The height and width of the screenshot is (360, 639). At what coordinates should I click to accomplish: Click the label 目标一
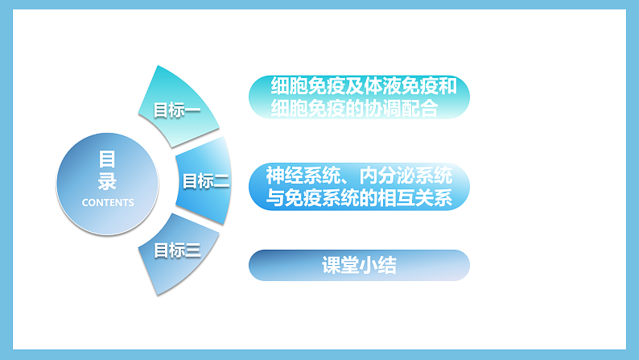(176, 110)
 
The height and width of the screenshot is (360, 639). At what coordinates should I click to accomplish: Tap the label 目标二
(206, 181)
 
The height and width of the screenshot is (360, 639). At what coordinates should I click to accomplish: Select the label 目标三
(176, 250)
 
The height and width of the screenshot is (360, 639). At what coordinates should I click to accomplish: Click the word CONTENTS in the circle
(108, 202)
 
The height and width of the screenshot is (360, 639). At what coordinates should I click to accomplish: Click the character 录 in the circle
(107, 180)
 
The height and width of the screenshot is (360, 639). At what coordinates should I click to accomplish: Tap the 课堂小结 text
(358, 265)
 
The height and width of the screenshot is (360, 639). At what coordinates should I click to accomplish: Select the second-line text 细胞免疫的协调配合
(355, 108)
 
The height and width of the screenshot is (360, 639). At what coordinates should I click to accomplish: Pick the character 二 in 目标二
(221, 181)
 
